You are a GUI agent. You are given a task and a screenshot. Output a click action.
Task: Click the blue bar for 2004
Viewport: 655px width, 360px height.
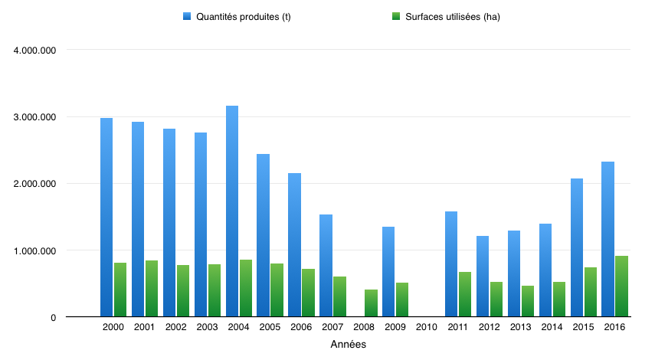coord(232,211)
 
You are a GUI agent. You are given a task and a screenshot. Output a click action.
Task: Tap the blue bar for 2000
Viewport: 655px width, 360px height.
coord(106,217)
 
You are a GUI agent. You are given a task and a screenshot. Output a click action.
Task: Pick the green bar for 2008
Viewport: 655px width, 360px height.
coord(371,303)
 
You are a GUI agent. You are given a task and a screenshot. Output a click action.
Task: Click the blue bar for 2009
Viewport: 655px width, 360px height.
coord(388,271)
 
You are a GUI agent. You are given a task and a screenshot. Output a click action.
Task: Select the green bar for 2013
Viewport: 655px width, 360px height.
coord(528,301)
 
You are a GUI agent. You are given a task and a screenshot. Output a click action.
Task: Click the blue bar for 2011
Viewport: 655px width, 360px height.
coord(451,263)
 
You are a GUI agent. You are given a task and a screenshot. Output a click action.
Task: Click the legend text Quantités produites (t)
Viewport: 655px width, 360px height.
coord(244,17)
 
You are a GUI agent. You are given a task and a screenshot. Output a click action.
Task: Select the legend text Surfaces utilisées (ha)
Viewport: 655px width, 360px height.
coord(452,17)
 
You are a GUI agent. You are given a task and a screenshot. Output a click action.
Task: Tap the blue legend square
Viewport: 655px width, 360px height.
coord(187,16)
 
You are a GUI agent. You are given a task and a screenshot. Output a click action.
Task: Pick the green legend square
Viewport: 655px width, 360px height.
coord(395,16)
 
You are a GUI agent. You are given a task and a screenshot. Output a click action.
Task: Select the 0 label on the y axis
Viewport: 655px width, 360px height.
coord(53,318)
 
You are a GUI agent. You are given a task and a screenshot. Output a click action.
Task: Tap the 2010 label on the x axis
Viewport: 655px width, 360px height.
coord(427,328)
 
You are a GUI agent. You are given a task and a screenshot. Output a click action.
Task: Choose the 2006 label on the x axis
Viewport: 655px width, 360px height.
coord(301,328)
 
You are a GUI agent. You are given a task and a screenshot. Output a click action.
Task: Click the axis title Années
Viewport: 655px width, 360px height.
coord(348,345)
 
